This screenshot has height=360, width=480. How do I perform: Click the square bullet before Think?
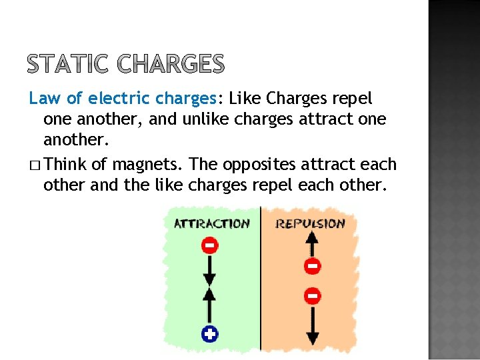(34, 165)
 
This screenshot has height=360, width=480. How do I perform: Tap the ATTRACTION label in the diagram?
(211, 223)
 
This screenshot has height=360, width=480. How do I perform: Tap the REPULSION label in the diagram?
(310, 223)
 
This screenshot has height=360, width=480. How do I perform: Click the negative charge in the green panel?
(209, 246)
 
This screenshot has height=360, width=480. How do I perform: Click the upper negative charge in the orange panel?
(311, 267)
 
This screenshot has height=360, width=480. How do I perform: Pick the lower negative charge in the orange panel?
(311, 295)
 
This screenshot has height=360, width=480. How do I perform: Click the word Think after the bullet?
(70, 164)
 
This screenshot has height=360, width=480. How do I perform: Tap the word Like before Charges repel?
(244, 99)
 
